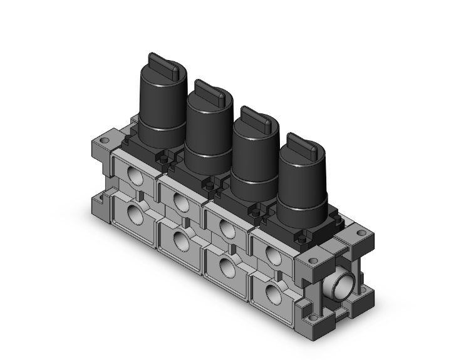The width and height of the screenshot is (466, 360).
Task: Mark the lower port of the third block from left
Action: click(x=226, y=267)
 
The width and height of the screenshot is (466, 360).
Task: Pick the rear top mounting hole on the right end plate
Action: click(x=361, y=234)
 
